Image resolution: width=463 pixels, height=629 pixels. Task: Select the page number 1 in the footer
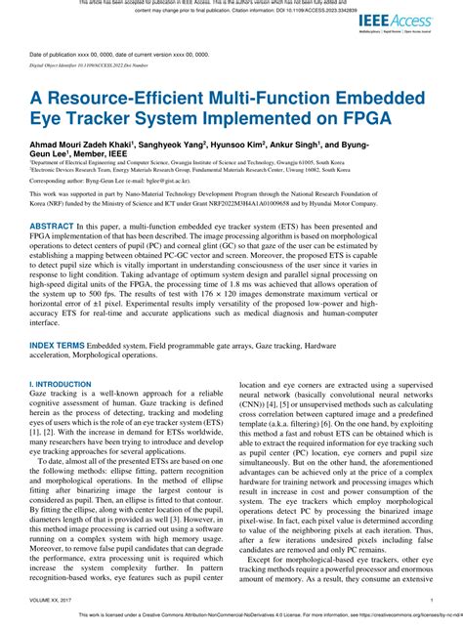(x=431, y=602)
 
